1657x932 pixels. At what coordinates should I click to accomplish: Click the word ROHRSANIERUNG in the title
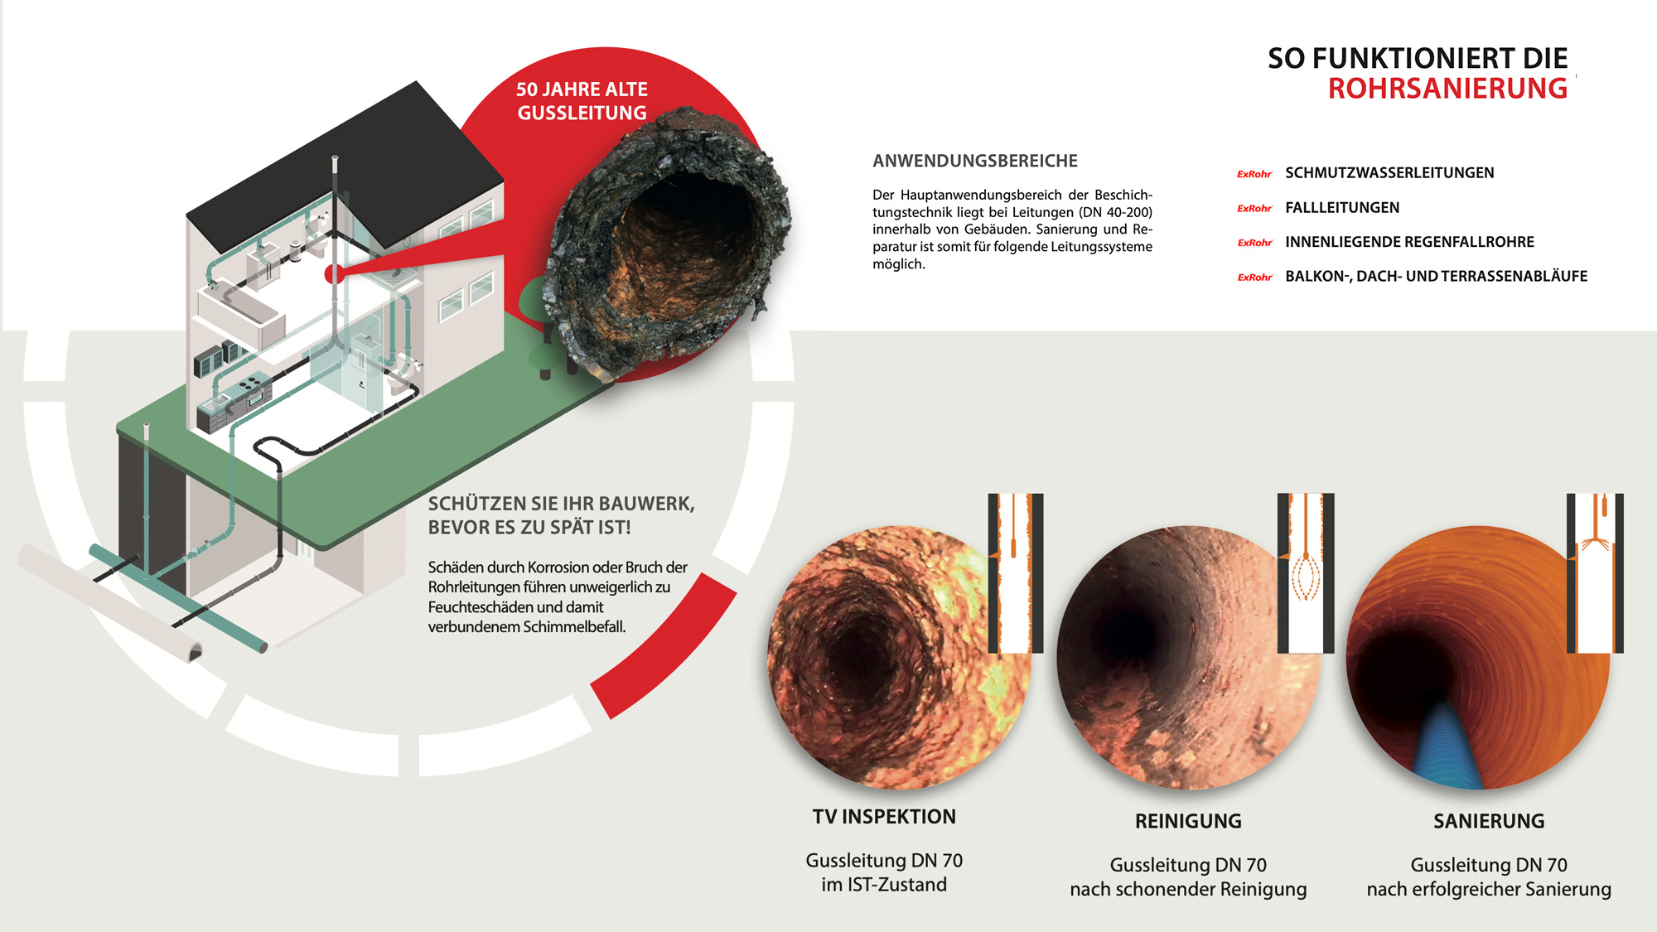(x=1447, y=89)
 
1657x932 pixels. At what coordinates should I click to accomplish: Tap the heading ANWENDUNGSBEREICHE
(x=975, y=161)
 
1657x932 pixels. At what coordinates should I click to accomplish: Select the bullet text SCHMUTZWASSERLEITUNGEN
(x=1389, y=173)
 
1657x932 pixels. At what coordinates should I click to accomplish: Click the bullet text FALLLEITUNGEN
(x=1342, y=208)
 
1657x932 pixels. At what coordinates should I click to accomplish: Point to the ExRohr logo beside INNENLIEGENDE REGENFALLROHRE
(x=1254, y=243)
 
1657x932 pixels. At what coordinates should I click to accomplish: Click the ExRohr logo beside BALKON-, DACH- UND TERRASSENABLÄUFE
(x=1254, y=278)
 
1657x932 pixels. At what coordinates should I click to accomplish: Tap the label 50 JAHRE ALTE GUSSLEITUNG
(x=582, y=101)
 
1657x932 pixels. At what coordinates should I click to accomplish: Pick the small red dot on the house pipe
(x=334, y=273)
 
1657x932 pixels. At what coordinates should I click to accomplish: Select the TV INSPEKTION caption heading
(x=884, y=817)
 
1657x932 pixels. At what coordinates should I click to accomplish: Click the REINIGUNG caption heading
(x=1188, y=821)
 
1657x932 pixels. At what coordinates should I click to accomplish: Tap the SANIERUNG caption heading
(x=1489, y=821)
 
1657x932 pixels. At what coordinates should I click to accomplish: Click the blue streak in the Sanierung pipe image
(x=1446, y=746)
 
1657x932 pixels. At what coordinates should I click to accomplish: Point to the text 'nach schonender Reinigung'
(x=1188, y=889)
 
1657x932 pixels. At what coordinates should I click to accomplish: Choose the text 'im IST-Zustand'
(x=884, y=885)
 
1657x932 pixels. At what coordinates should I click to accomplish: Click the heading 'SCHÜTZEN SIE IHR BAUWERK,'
(x=561, y=504)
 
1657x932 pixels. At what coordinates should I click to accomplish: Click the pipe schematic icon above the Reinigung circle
(x=1306, y=572)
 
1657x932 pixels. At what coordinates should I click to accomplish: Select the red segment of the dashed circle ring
(x=663, y=646)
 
